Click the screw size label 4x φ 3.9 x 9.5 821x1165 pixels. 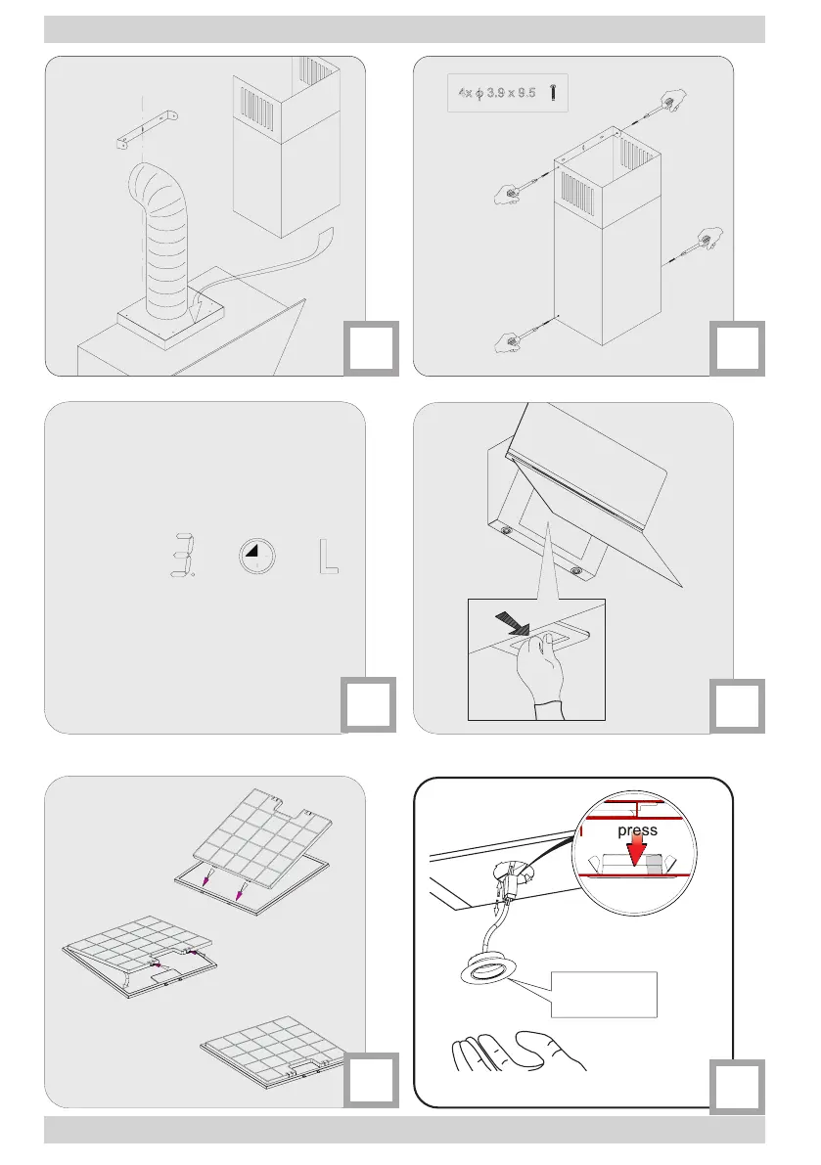[498, 93]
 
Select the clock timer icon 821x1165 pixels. [256, 558]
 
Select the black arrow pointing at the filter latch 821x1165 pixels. [513, 622]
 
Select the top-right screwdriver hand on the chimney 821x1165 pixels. [671, 102]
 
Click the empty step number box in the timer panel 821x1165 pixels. [369, 704]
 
